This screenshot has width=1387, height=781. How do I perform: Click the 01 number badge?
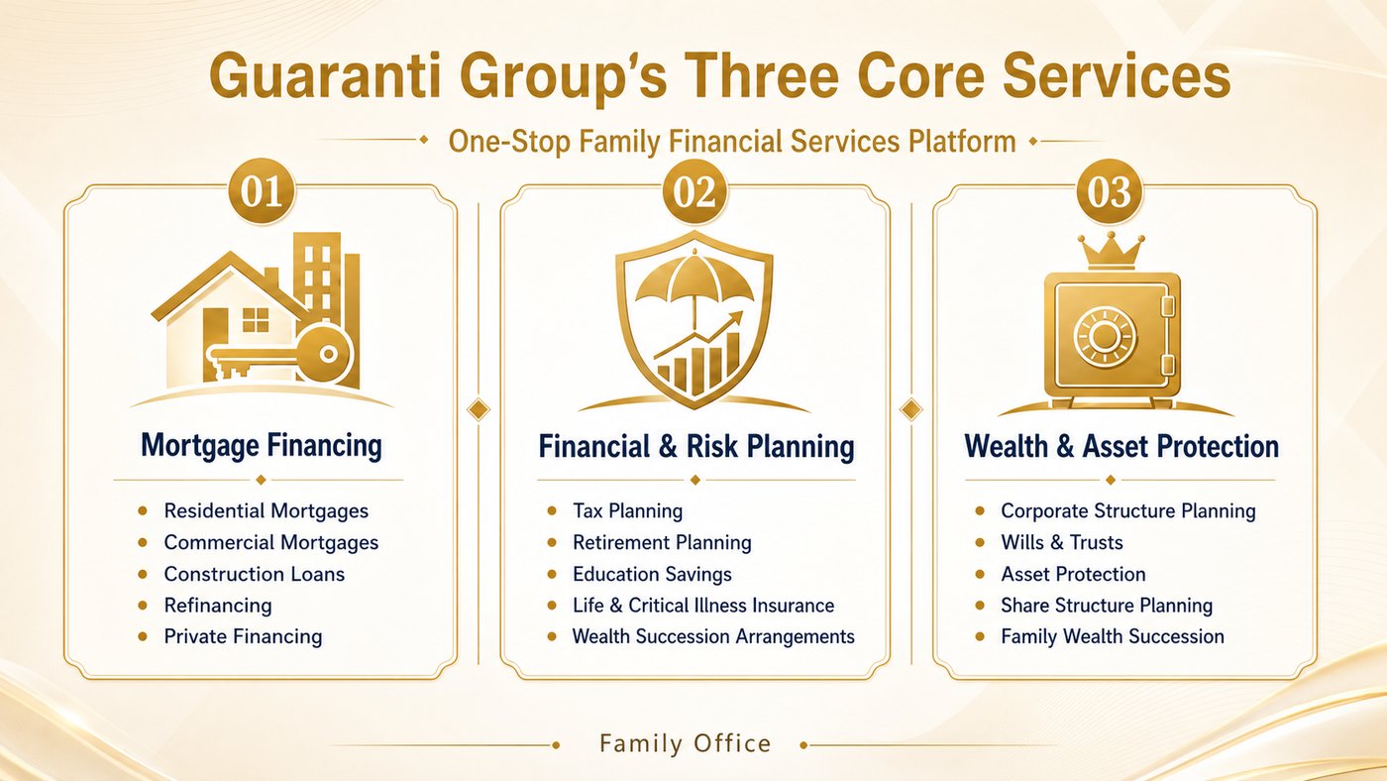click(262, 191)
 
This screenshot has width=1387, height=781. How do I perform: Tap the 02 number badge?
click(694, 191)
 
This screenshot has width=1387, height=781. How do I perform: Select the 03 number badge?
click(1110, 191)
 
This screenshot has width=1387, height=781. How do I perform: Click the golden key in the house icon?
click(278, 355)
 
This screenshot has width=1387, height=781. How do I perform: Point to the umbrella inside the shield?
click(694, 291)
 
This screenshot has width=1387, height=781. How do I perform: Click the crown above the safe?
click(1111, 251)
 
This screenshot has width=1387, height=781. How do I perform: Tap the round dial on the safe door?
click(1105, 337)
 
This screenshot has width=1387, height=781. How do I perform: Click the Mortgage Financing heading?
click(262, 446)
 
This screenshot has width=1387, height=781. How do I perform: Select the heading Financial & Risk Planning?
click(695, 447)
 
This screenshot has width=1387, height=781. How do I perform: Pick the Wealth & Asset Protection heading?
click(1121, 447)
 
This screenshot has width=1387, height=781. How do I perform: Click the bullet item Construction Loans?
click(254, 574)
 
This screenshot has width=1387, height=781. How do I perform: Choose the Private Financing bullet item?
click(243, 637)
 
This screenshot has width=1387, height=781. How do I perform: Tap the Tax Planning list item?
click(627, 511)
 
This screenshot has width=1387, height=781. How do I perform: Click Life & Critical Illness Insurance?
click(703, 606)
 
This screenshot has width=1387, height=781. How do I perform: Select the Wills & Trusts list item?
click(1062, 542)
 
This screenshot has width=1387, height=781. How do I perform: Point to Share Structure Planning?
click(1107, 606)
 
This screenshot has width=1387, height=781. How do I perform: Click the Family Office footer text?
click(686, 743)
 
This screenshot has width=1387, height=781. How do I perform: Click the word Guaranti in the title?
click(326, 76)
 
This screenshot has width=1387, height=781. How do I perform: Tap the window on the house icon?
click(256, 319)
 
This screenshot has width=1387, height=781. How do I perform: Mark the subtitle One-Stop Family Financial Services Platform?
click(732, 141)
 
